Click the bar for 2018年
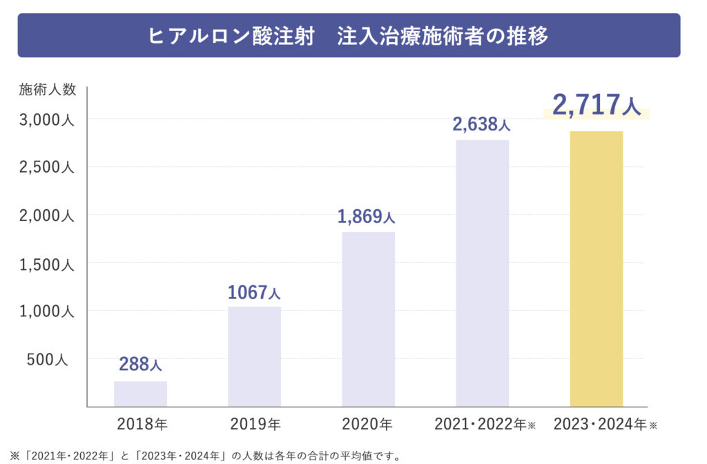click(x=140, y=394)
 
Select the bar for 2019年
click(x=254, y=356)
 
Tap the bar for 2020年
click(x=368, y=319)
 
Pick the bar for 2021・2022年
click(x=482, y=273)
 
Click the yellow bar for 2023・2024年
click(x=596, y=269)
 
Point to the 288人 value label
click(x=140, y=364)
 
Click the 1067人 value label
click(x=254, y=293)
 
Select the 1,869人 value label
click(x=366, y=217)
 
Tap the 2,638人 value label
click(x=481, y=124)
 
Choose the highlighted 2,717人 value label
click(x=597, y=106)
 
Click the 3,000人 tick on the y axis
click(x=46, y=119)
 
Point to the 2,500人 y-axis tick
click(x=46, y=167)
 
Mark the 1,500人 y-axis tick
click(x=46, y=263)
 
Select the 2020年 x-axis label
click(x=367, y=424)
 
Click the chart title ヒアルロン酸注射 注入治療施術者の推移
click(x=349, y=35)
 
